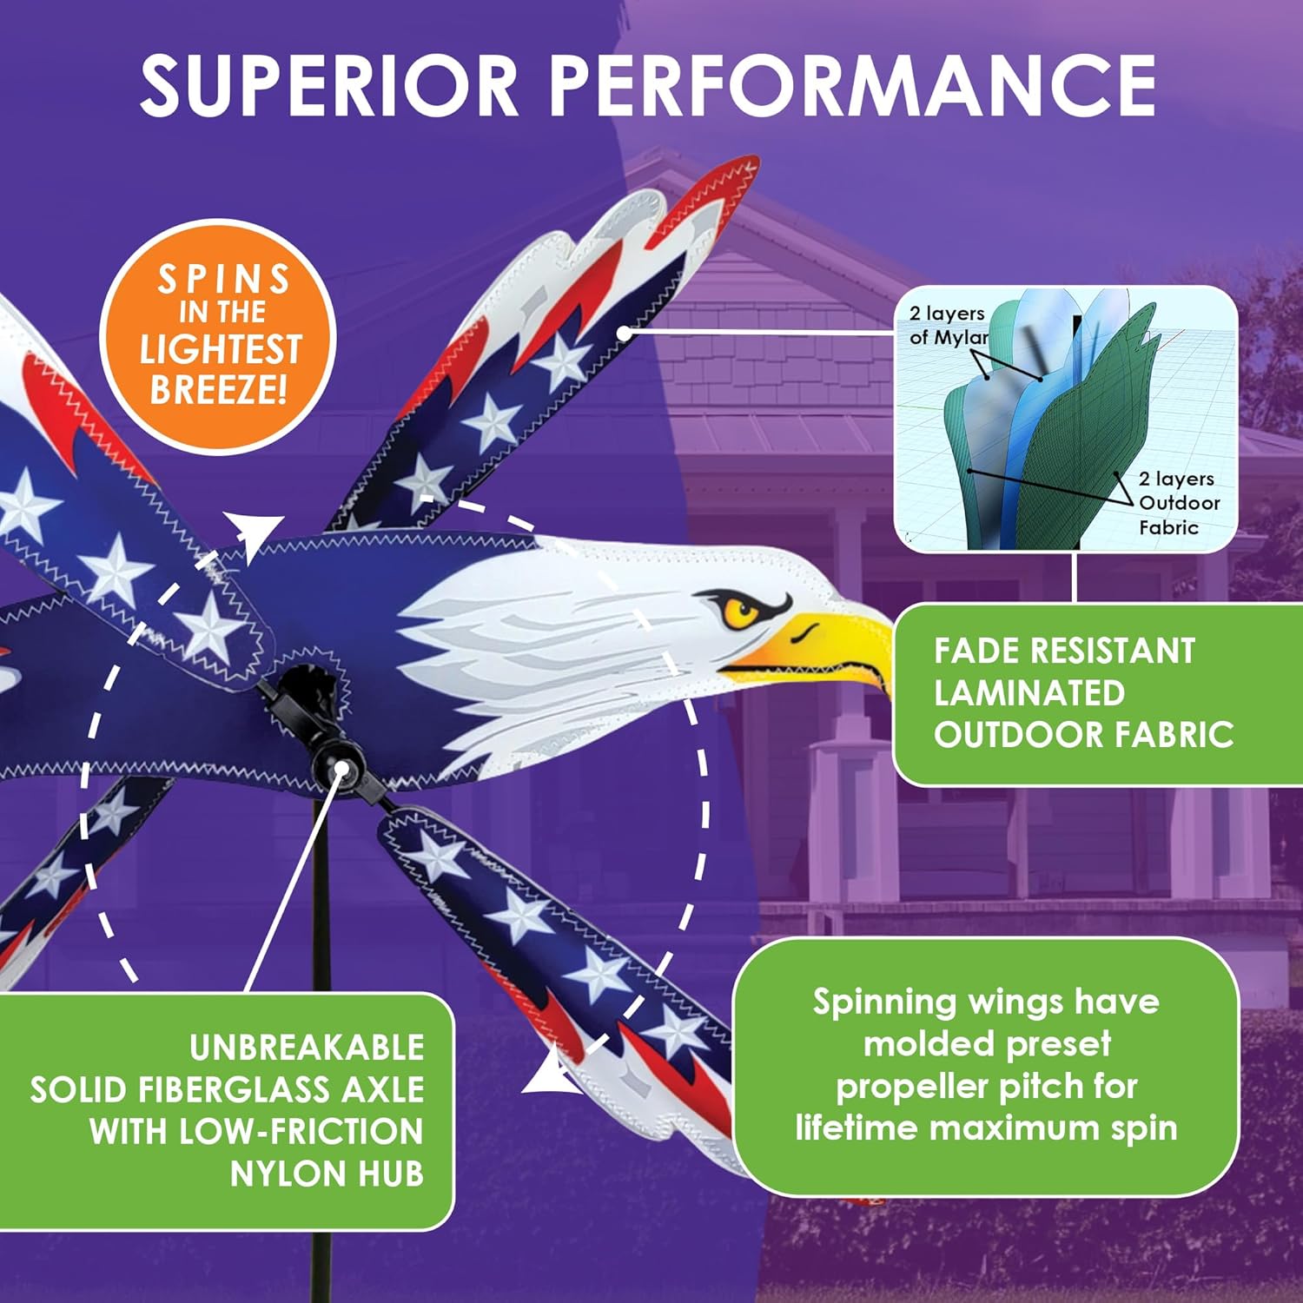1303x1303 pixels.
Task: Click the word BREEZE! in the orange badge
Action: (x=218, y=388)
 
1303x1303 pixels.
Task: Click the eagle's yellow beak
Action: (x=817, y=647)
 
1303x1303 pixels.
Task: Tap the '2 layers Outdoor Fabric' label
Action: (x=1178, y=503)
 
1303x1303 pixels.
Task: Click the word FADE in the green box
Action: (x=971, y=651)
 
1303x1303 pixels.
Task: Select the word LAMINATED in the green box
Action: (x=1029, y=693)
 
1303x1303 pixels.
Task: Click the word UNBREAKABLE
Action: (x=307, y=1048)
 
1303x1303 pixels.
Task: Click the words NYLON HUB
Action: (x=327, y=1174)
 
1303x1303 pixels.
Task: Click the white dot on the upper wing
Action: (x=624, y=333)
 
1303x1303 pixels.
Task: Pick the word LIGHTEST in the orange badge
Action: (x=220, y=349)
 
